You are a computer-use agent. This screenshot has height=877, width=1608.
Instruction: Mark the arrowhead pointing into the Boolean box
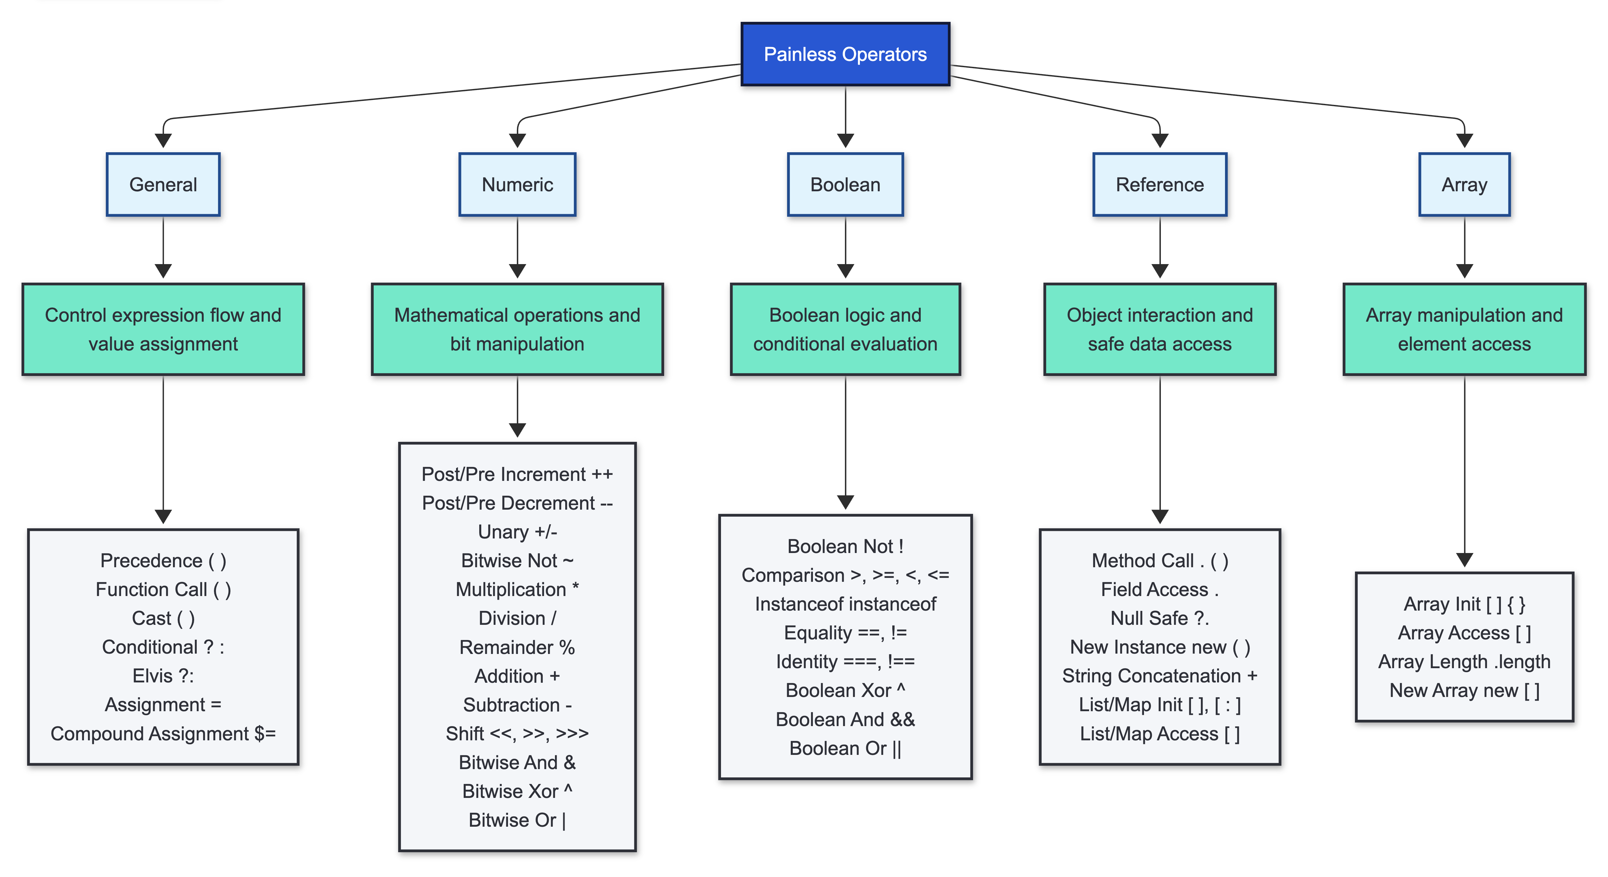pyautogui.click(x=845, y=141)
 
